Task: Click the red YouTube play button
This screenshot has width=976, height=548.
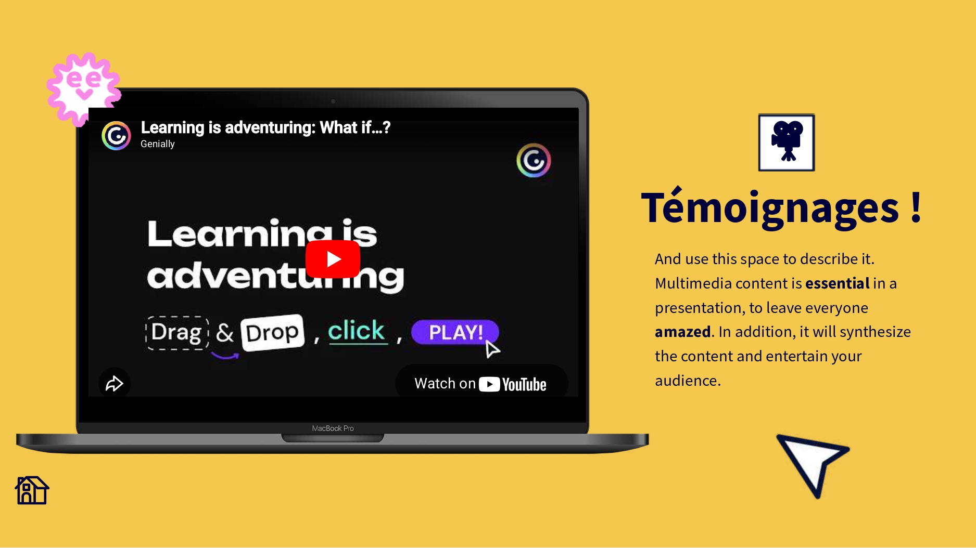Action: point(333,259)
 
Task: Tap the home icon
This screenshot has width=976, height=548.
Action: point(32,490)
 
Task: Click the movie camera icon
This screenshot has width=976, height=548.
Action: point(787,142)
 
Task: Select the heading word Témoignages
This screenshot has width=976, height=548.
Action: point(770,207)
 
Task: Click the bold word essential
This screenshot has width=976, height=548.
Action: point(837,283)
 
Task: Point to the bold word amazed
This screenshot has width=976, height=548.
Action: point(682,332)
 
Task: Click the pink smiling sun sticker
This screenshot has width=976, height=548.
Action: point(83,88)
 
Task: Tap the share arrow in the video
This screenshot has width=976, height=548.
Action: point(115,384)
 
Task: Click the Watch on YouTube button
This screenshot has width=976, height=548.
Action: point(481,384)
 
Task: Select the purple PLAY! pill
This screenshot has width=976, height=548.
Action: point(455,332)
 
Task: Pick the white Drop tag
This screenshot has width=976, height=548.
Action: point(272,333)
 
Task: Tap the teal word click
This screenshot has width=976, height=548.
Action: point(357,331)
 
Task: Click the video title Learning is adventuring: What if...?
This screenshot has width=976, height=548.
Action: point(265,127)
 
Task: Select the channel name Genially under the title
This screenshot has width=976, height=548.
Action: point(158,144)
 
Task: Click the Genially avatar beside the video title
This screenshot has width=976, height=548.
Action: point(116,136)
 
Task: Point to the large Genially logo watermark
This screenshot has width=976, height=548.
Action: point(534,161)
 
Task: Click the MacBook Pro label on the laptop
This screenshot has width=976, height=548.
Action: point(333,428)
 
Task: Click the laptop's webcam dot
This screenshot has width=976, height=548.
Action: point(333,101)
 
